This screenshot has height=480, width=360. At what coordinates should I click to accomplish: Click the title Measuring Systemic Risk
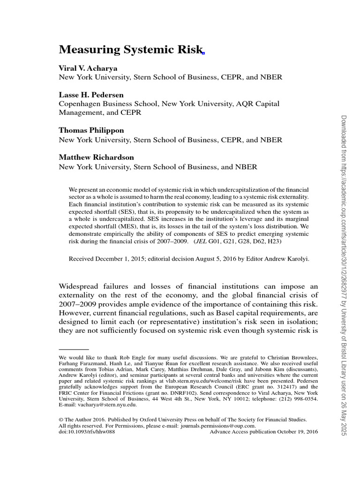pos(130,50)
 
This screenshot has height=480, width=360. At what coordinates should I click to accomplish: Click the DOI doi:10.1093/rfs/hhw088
pos(87,432)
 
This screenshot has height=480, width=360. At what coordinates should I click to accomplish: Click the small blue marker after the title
pos(203,53)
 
